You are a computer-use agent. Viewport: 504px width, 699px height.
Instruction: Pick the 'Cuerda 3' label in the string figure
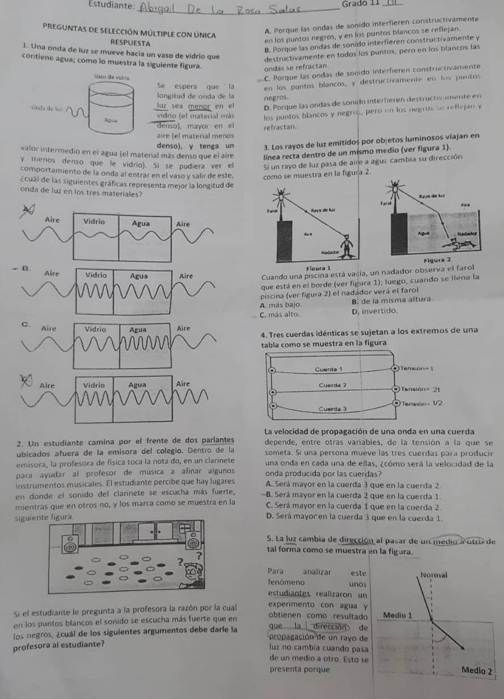click(x=333, y=408)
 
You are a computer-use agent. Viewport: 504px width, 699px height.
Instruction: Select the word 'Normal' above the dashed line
click(x=433, y=574)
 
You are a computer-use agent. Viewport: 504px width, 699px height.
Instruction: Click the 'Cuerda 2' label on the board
click(x=333, y=385)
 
